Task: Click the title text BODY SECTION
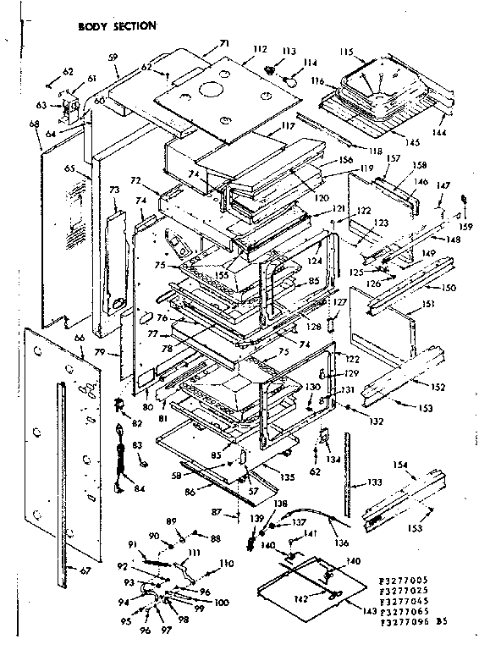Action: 117,26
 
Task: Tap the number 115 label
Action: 346,52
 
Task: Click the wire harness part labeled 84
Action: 118,465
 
